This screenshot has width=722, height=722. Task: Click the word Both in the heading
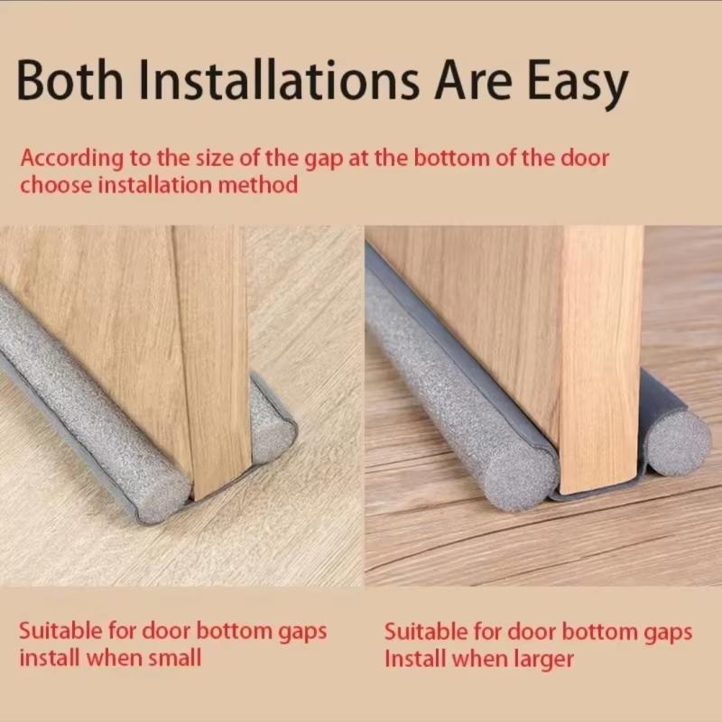[x=69, y=79]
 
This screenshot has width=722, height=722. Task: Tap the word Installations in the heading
[x=279, y=79]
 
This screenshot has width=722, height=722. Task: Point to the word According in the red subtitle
[x=72, y=160]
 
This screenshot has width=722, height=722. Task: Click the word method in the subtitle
[x=258, y=185]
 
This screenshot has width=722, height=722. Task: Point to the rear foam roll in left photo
[x=272, y=423]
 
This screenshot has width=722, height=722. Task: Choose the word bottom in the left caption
[x=235, y=631]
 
